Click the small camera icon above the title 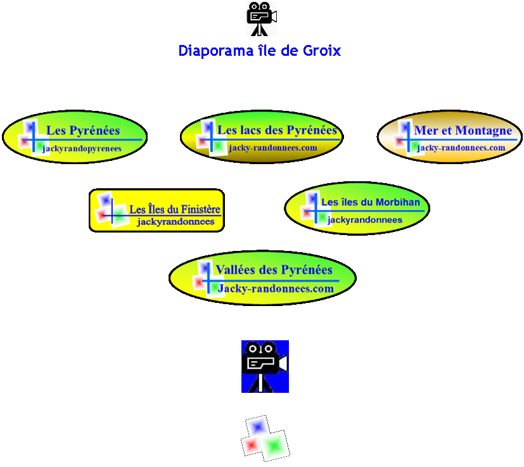(x=261, y=18)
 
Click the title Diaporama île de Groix (x=259, y=51)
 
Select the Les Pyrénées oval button (x=75, y=136)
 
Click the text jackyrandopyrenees (x=82, y=148)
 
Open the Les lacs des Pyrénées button (x=262, y=136)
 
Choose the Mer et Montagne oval (x=450, y=138)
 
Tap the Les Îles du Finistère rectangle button (x=157, y=210)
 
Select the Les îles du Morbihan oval (x=357, y=208)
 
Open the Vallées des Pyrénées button (x=262, y=278)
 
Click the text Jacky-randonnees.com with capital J (x=276, y=288)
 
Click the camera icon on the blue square (x=265, y=366)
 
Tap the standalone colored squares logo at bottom (x=265, y=438)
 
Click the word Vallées (x=236, y=270)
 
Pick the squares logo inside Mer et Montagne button (x=404, y=137)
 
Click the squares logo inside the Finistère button (x=106, y=208)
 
